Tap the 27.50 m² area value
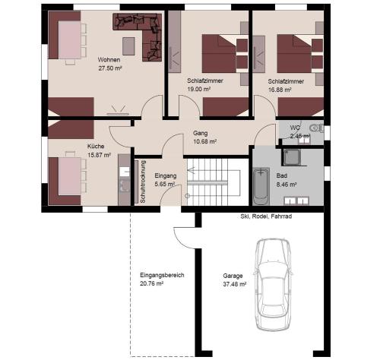pyautogui.click(x=111, y=68)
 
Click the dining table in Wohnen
pyautogui.click(x=68, y=39)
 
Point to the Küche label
pyautogui.click(x=96, y=147)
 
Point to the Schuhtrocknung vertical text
pyautogui.click(x=141, y=182)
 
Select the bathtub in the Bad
pyautogui.click(x=261, y=187)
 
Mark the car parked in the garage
pyautogui.click(x=273, y=285)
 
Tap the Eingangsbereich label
pyautogui.click(x=163, y=275)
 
